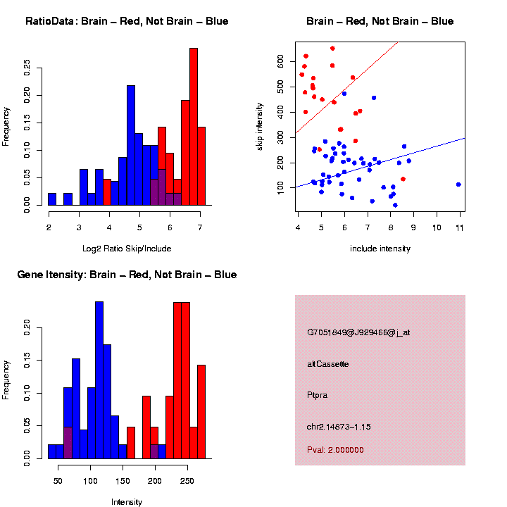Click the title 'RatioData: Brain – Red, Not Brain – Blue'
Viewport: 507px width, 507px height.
(127, 22)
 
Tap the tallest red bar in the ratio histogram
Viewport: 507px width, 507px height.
(193, 127)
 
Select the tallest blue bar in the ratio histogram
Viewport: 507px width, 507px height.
(131, 144)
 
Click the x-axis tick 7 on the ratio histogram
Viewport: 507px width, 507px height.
(201, 227)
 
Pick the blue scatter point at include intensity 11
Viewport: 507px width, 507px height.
(458, 184)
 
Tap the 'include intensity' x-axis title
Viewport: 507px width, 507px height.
(380, 249)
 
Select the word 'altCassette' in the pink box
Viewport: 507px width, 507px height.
(328, 364)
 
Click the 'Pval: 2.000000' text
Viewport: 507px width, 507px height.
(334, 450)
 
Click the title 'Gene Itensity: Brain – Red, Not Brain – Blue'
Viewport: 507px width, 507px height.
(127, 275)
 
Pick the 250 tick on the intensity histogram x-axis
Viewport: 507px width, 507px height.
(187, 481)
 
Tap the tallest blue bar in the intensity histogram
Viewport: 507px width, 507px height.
(99, 380)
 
